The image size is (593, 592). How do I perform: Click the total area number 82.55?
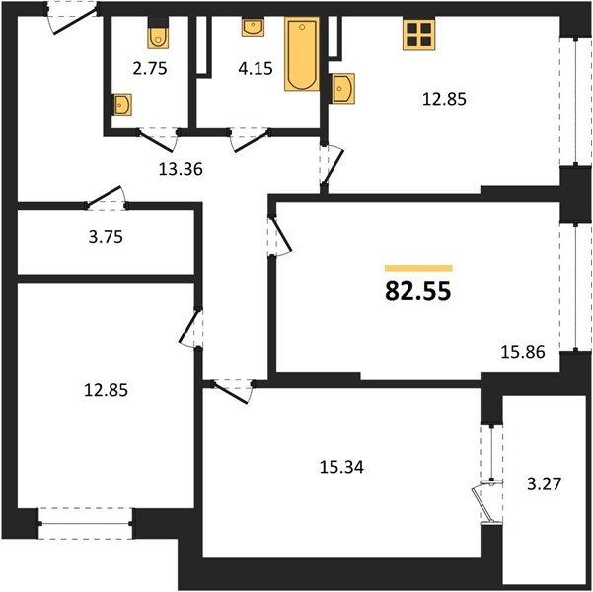(418, 292)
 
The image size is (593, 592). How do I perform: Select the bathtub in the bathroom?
(302, 53)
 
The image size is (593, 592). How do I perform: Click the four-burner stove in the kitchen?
(419, 35)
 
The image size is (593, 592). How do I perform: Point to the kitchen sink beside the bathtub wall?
(343, 88)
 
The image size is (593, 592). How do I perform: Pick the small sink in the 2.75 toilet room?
(122, 105)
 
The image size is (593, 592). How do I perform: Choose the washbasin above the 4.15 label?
(253, 27)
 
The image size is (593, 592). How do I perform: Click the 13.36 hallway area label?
(181, 169)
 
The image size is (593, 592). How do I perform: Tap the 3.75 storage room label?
(106, 237)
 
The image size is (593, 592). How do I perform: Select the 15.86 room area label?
(523, 352)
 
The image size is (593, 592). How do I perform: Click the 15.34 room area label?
(341, 467)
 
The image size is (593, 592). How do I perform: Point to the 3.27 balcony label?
(545, 483)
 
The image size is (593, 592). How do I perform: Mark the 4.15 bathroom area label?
(256, 69)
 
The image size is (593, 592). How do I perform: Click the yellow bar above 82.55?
(418, 268)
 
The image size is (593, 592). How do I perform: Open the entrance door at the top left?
(73, 18)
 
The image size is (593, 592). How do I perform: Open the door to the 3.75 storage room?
(106, 198)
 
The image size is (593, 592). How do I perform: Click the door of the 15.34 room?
(233, 391)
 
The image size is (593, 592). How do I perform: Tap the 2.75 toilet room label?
(150, 69)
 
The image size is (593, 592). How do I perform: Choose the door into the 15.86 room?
(279, 235)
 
